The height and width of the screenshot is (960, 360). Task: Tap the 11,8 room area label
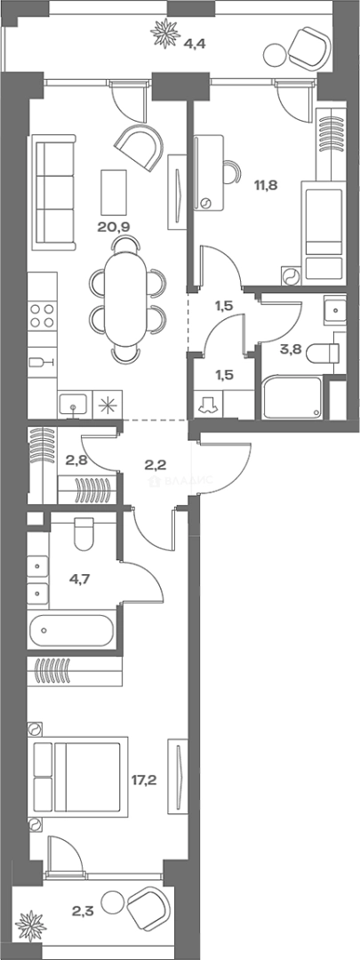click(267, 185)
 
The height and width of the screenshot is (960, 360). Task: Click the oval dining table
click(125, 300)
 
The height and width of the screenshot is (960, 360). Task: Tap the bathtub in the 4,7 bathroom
click(71, 631)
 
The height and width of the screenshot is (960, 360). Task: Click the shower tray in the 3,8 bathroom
click(292, 398)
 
